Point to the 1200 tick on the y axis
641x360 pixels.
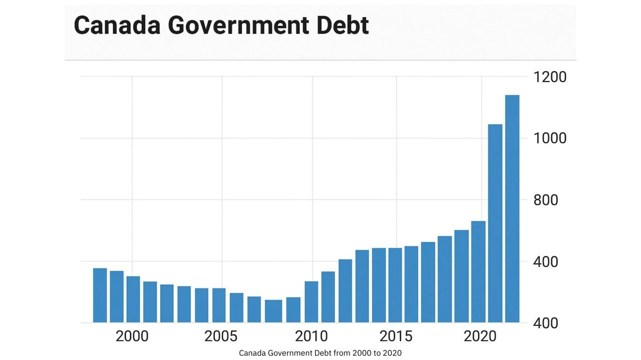549,77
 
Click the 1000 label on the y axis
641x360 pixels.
549,138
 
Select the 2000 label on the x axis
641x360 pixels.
132,336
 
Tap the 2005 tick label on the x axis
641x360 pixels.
221,336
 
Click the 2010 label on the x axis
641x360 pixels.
311,336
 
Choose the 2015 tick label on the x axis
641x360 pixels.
396,336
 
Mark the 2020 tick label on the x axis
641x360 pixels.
481,336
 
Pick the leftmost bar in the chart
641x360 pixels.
100,295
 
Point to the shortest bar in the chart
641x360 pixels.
273,311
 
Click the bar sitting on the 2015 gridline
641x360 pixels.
395,285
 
